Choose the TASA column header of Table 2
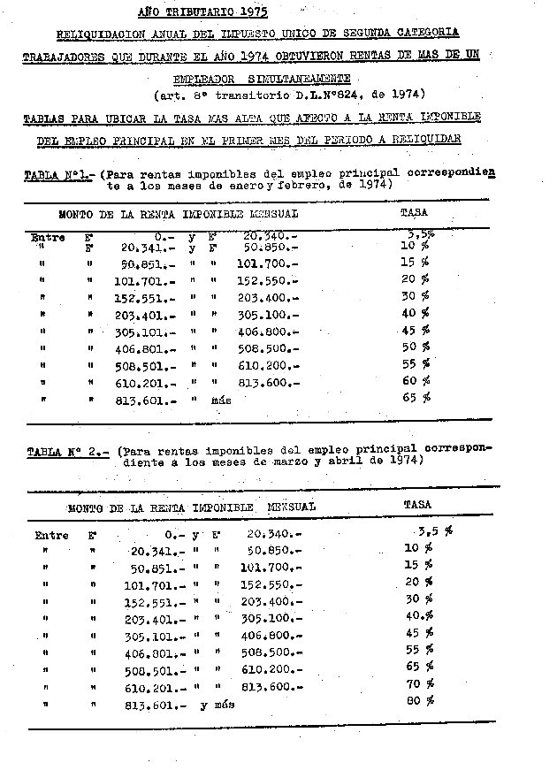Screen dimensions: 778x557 click(417, 505)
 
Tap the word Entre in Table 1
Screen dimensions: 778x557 click(48, 237)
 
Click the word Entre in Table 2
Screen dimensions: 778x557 click(51, 535)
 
